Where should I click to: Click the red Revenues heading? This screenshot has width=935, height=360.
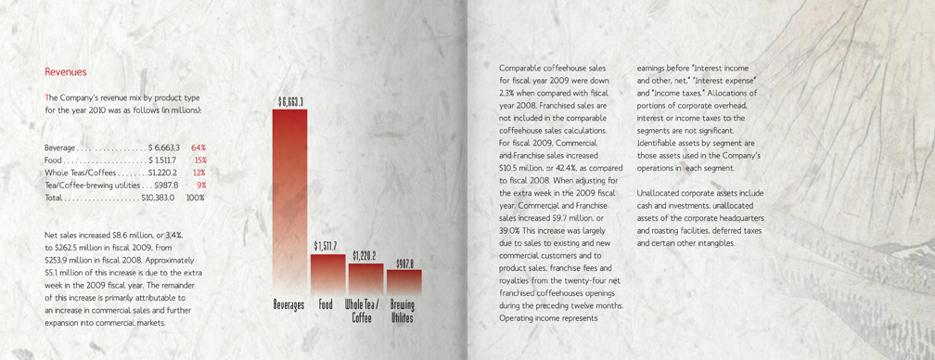(65, 71)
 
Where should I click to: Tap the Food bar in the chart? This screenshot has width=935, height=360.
(327, 271)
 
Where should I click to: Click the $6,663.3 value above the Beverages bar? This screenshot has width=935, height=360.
(290, 101)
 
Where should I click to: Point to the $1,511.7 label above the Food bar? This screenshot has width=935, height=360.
(326, 246)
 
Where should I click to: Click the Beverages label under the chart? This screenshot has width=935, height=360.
(289, 304)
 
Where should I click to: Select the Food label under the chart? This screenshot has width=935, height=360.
(326, 304)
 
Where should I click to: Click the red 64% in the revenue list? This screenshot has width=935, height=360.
(198, 148)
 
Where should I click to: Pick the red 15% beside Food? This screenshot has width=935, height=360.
(200, 161)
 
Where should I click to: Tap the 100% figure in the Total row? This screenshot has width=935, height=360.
(196, 198)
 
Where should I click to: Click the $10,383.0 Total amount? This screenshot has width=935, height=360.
(159, 198)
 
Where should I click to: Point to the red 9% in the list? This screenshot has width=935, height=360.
(201, 186)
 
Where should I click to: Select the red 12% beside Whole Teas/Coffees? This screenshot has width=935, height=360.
(199, 173)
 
